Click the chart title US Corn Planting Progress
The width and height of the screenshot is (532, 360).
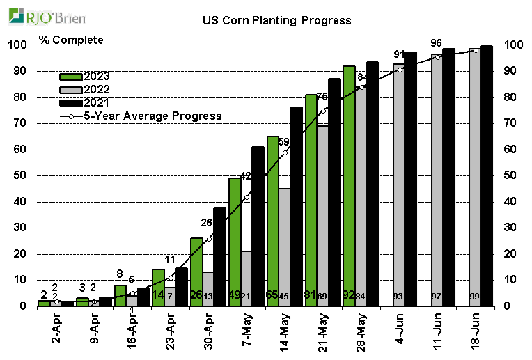276,20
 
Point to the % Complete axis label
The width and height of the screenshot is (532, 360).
71,40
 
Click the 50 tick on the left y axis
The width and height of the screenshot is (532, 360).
18,175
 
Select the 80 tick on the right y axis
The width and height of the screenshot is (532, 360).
513,97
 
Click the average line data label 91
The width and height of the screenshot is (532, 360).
400,54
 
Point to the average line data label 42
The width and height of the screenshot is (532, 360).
246,176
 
